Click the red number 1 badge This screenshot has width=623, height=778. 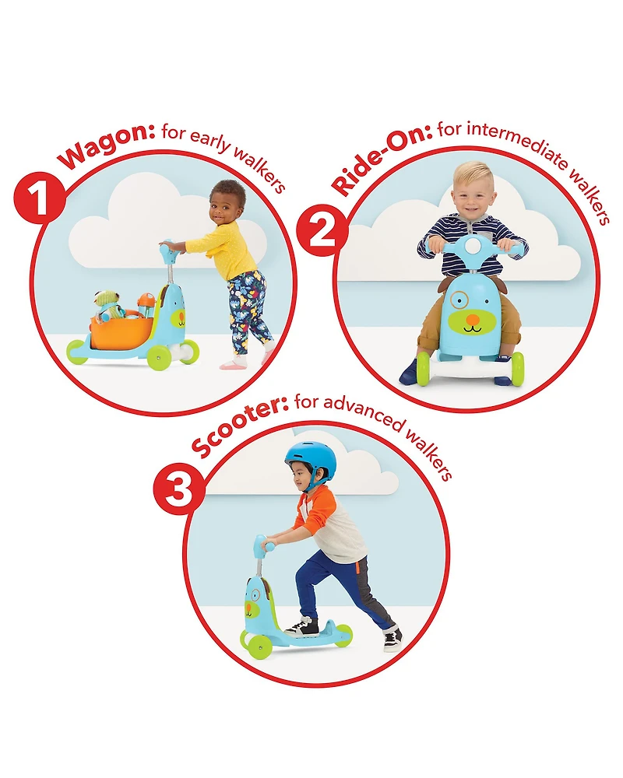click(x=39, y=198)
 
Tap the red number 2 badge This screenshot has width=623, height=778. click(x=322, y=231)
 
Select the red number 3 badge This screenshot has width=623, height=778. click(x=179, y=489)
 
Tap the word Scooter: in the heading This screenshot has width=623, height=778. click(x=239, y=426)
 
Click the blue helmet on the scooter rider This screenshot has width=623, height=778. click(x=311, y=459)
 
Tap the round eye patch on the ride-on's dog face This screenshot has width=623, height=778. click(x=459, y=300)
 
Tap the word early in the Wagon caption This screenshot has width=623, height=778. click(x=210, y=139)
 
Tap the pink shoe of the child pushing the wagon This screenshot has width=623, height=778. click(x=234, y=364)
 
